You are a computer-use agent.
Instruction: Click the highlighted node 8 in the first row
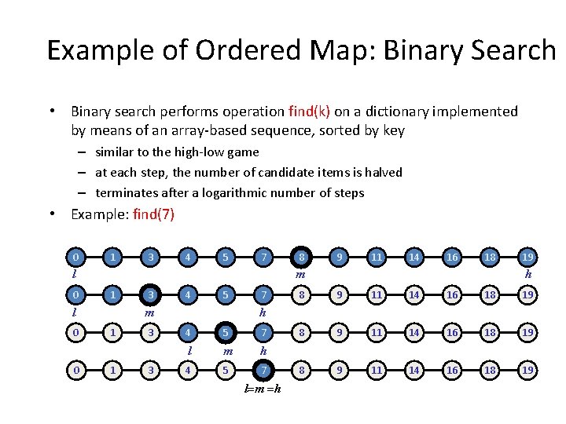click(x=300, y=258)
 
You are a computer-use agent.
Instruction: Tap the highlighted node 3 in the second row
click(x=149, y=295)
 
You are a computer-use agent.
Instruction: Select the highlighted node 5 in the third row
click(x=226, y=333)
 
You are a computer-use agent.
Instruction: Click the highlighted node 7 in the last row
click(x=265, y=370)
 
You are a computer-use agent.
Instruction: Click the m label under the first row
click(x=300, y=274)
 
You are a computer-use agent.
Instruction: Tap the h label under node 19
click(x=529, y=274)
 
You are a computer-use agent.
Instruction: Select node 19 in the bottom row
click(x=529, y=370)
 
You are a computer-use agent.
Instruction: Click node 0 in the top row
click(x=75, y=258)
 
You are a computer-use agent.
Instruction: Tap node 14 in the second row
click(x=414, y=295)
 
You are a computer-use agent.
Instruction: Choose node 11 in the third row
click(x=377, y=333)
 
